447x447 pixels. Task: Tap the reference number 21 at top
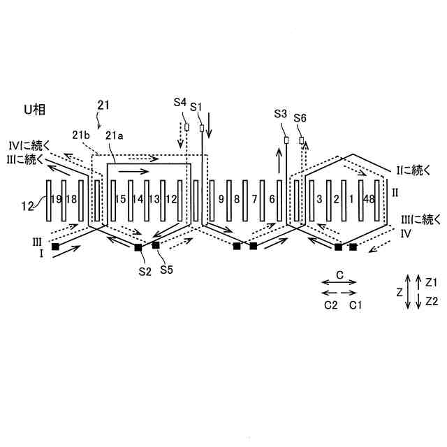pyautogui.click(x=103, y=105)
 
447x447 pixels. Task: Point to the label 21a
pyautogui.click(x=113, y=136)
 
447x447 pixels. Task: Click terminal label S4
pyautogui.click(x=180, y=103)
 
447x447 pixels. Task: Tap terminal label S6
pyautogui.click(x=301, y=117)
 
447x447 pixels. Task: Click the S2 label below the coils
pyautogui.click(x=145, y=272)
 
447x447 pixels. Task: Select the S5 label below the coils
pyautogui.click(x=167, y=269)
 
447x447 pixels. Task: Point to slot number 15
pyautogui.click(x=120, y=200)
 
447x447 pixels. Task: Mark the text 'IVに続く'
pyautogui.click(x=27, y=145)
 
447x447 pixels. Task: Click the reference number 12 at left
pyautogui.click(x=26, y=205)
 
